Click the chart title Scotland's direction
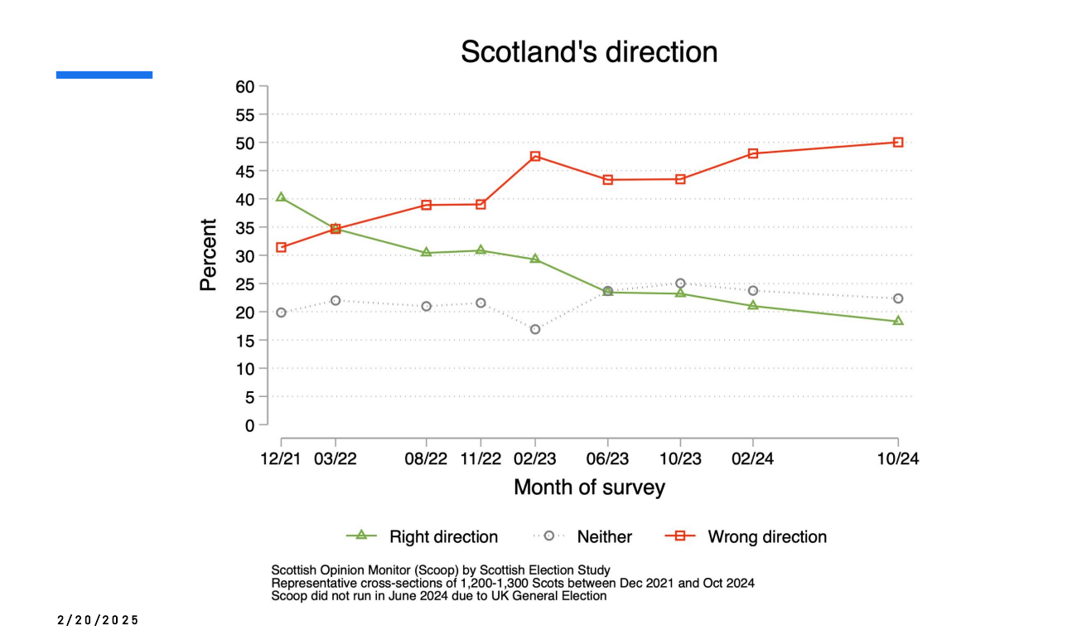589,52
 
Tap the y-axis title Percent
208,255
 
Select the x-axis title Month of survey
589,487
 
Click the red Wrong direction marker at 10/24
898,142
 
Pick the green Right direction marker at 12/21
281,197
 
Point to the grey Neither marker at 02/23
535,329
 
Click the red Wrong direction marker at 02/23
535,156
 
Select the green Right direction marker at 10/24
898,321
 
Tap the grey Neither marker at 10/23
680,284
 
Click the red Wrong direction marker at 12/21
281,247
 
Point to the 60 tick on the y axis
245,86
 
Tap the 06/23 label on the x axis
607,459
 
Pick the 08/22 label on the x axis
426,459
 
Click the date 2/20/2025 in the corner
99,620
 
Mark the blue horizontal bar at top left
104,75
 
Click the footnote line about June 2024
439,596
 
